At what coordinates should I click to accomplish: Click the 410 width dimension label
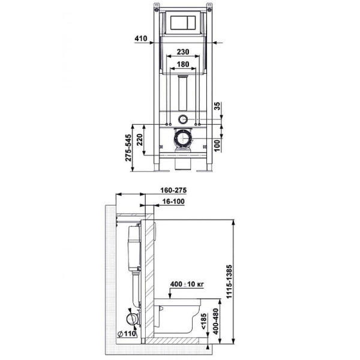(x=141, y=38)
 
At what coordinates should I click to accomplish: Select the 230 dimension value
(x=184, y=52)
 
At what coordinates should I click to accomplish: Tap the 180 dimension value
(x=184, y=64)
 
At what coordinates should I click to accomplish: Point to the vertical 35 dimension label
(x=218, y=109)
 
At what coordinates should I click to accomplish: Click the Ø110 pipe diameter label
(x=126, y=334)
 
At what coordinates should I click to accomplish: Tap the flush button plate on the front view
(x=184, y=23)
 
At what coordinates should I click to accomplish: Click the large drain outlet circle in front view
(x=183, y=142)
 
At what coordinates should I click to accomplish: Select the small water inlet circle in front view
(x=184, y=118)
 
